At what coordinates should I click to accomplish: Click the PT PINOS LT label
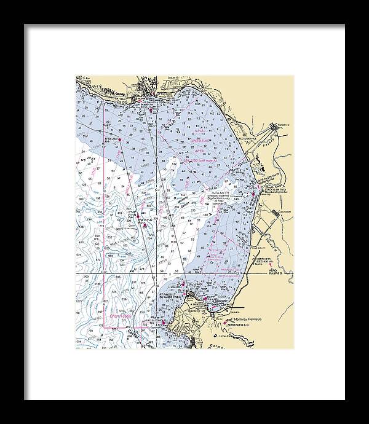pos(168,294)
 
